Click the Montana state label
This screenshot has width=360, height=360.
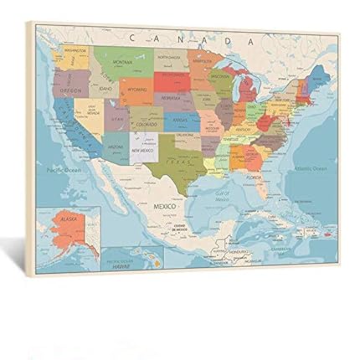pyautogui.click(x=123, y=61)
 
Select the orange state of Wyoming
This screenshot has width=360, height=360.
pyautogui.click(x=135, y=87)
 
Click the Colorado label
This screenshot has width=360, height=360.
pyautogui.click(x=146, y=121)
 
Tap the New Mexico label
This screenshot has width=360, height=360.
pyautogui.click(x=142, y=151)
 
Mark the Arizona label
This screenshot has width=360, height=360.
pyautogui.click(x=116, y=145)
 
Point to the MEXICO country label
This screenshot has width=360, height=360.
pyautogui.click(x=164, y=203)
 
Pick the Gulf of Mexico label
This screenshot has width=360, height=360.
pyautogui.click(x=221, y=199)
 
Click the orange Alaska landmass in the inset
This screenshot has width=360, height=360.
pyautogui.click(x=67, y=224)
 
